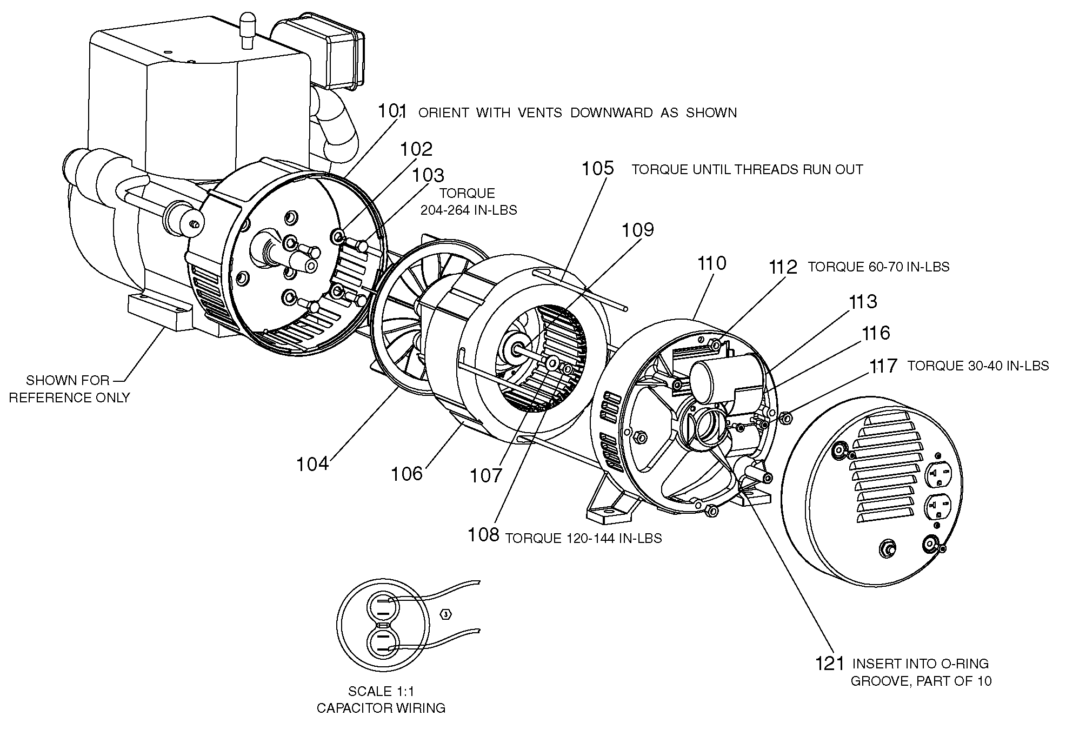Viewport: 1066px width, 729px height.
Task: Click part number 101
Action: [392, 111]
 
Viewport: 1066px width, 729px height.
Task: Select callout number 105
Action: [597, 168]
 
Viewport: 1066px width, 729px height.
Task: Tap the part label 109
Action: [638, 230]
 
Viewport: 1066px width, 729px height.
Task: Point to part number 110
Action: [711, 263]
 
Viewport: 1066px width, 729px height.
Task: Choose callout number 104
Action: [312, 464]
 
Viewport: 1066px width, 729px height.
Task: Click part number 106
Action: [407, 474]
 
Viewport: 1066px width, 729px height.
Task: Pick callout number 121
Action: [830, 663]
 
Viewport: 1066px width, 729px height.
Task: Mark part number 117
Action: [883, 366]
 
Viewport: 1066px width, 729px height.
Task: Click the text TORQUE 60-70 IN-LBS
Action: [878, 267]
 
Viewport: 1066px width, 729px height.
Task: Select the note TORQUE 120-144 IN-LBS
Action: [583, 538]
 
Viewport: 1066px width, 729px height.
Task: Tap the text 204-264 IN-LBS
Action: [469, 210]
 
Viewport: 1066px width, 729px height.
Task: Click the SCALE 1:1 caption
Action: [381, 691]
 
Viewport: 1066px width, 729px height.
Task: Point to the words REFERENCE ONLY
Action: [69, 397]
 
